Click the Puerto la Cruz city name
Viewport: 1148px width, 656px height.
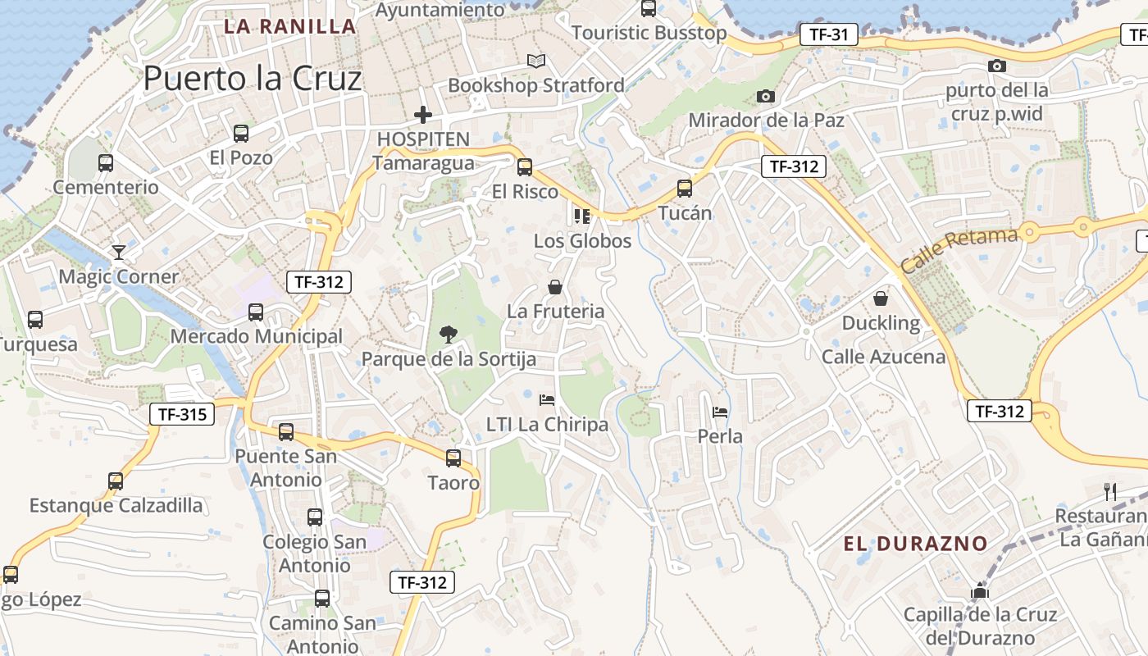[253, 79]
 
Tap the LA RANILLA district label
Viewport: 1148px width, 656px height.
[290, 26]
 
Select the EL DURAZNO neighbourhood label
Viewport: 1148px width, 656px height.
[915, 544]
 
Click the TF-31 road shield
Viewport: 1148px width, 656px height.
[828, 34]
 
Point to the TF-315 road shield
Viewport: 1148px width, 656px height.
[181, 414]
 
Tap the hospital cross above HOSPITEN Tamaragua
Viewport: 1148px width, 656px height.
[423, 115]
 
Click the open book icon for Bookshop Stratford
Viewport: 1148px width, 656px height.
[536, 61]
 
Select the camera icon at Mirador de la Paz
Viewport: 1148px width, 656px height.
[765, 96]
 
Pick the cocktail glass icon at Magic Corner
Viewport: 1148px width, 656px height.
[119, 252]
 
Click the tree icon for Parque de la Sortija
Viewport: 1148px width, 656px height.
[448, 334]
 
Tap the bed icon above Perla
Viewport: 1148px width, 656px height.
[720, 412]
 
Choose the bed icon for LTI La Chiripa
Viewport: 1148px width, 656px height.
[547, 400]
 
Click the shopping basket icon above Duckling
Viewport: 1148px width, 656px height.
[881, 298]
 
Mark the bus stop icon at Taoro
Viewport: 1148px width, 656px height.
[453, 458]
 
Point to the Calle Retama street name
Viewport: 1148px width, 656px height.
[959, 251]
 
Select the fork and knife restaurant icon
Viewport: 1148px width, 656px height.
[1111, 492]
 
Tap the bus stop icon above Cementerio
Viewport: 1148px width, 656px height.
[106, 162]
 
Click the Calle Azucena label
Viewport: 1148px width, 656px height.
[883, 357]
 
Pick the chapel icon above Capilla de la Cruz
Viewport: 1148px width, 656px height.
[980, 590]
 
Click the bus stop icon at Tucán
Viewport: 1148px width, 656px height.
[685, 189]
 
